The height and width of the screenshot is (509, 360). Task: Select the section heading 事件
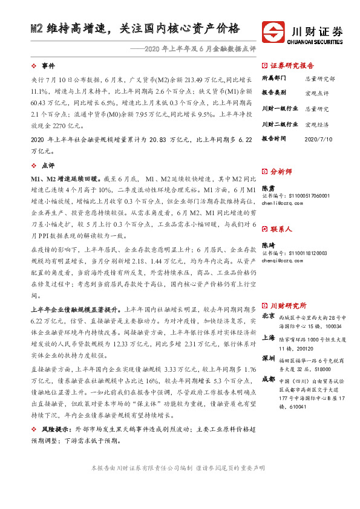pos(48,65)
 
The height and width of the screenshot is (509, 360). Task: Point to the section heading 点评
pos(48,166)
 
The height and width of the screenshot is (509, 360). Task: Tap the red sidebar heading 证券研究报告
pos(292,65)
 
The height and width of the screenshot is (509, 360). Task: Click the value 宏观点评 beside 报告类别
pos(316,94)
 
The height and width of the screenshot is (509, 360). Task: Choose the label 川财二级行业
pos(279,124)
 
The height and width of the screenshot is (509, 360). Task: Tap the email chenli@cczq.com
pos(286,204)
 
